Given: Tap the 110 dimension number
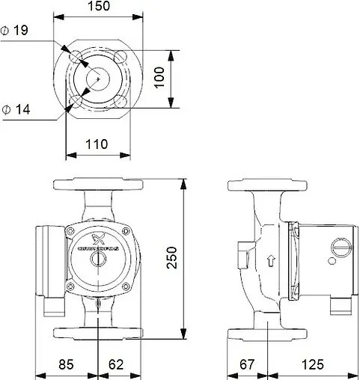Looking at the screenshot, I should pos(97,144).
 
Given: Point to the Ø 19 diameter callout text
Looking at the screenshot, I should pos(16,31).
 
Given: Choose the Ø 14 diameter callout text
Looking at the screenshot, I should pos(16,110).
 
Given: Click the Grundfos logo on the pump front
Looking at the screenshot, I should pos(97,240).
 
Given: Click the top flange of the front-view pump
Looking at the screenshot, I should pos(97,183).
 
